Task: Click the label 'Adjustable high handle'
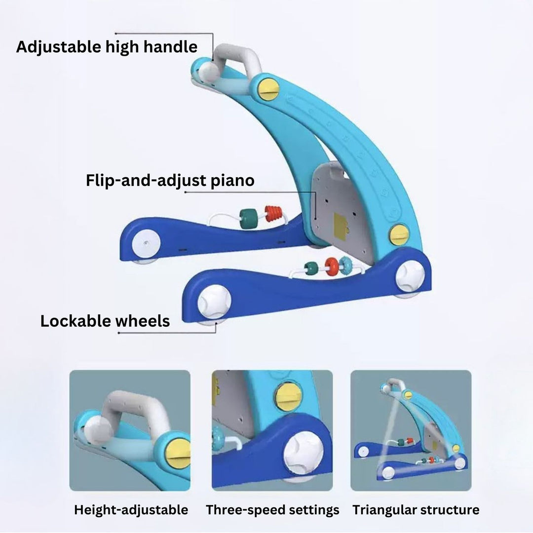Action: click(x=107, y=47)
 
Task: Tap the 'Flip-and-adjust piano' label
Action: click(x=170, y=180)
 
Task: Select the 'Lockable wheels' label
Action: click(x=105, y=321)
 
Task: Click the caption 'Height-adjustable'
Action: click(x=131, y=510)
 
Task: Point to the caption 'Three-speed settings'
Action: click(x=272, y=510)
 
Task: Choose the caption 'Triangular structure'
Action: click(x=416, y=510)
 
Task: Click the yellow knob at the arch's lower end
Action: click(x=399, y=235)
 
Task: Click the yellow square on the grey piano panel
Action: click(x=340, y=223)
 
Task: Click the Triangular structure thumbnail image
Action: click(x=411, y=430)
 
